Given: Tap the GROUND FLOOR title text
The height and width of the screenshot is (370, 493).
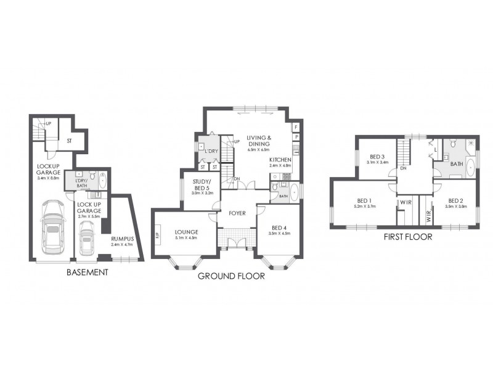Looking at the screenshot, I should tap(231, 276).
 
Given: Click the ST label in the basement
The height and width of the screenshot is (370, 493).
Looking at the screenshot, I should tap(69, 141).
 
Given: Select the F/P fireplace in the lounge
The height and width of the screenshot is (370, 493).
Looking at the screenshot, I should tap(157, 235).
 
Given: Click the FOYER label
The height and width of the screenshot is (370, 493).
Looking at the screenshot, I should tap(237, 213).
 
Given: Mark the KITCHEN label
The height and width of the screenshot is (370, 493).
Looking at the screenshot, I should tap(280, 160).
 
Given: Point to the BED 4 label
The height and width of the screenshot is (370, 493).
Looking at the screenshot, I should tap(280, 226).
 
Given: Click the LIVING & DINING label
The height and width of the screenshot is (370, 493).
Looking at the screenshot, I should tap(259, 141).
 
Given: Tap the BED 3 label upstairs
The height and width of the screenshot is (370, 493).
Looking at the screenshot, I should tap(377, 157).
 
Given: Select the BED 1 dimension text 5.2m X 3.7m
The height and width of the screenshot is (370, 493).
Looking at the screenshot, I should tap(366, 207).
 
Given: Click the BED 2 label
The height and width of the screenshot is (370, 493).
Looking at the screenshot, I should tap(455, 201).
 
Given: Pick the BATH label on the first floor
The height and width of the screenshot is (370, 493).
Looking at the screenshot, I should tap(457, 164).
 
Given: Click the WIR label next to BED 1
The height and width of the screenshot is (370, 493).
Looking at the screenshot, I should tap(405, 202).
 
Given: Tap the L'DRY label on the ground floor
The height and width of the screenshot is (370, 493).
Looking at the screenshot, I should tap(214, 150).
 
